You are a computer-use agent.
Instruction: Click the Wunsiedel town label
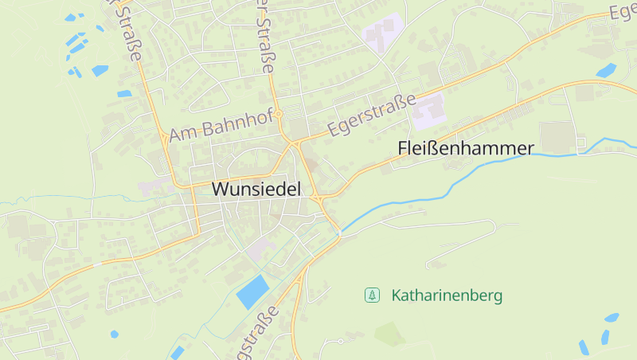pyautogui.click(x=258, y=189)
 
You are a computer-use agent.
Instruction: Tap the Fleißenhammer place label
pyautogui.click(x=465, y=148)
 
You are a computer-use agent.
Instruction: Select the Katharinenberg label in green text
pyautogui.click(x=447, y=295)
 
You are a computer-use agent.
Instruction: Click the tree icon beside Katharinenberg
pyautogui.click(x=371, y=295)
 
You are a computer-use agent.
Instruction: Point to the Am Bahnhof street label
pyautogui.click(x=221, y=126)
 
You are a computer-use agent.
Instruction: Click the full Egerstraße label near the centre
pyautogui.click(x=373, y=116)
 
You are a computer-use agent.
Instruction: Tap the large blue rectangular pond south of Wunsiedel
pyautogui.click(x=253, y=292)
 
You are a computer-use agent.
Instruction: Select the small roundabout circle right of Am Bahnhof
pyautogui.click(x=279, y=115)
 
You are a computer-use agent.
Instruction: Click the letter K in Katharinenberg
pyautogui.click(x=396, y=295)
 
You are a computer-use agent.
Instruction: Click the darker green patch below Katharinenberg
pyautogui.click(x=390, y=334)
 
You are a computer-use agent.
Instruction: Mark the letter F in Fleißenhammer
pyautogui.click(x=402, y=148)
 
